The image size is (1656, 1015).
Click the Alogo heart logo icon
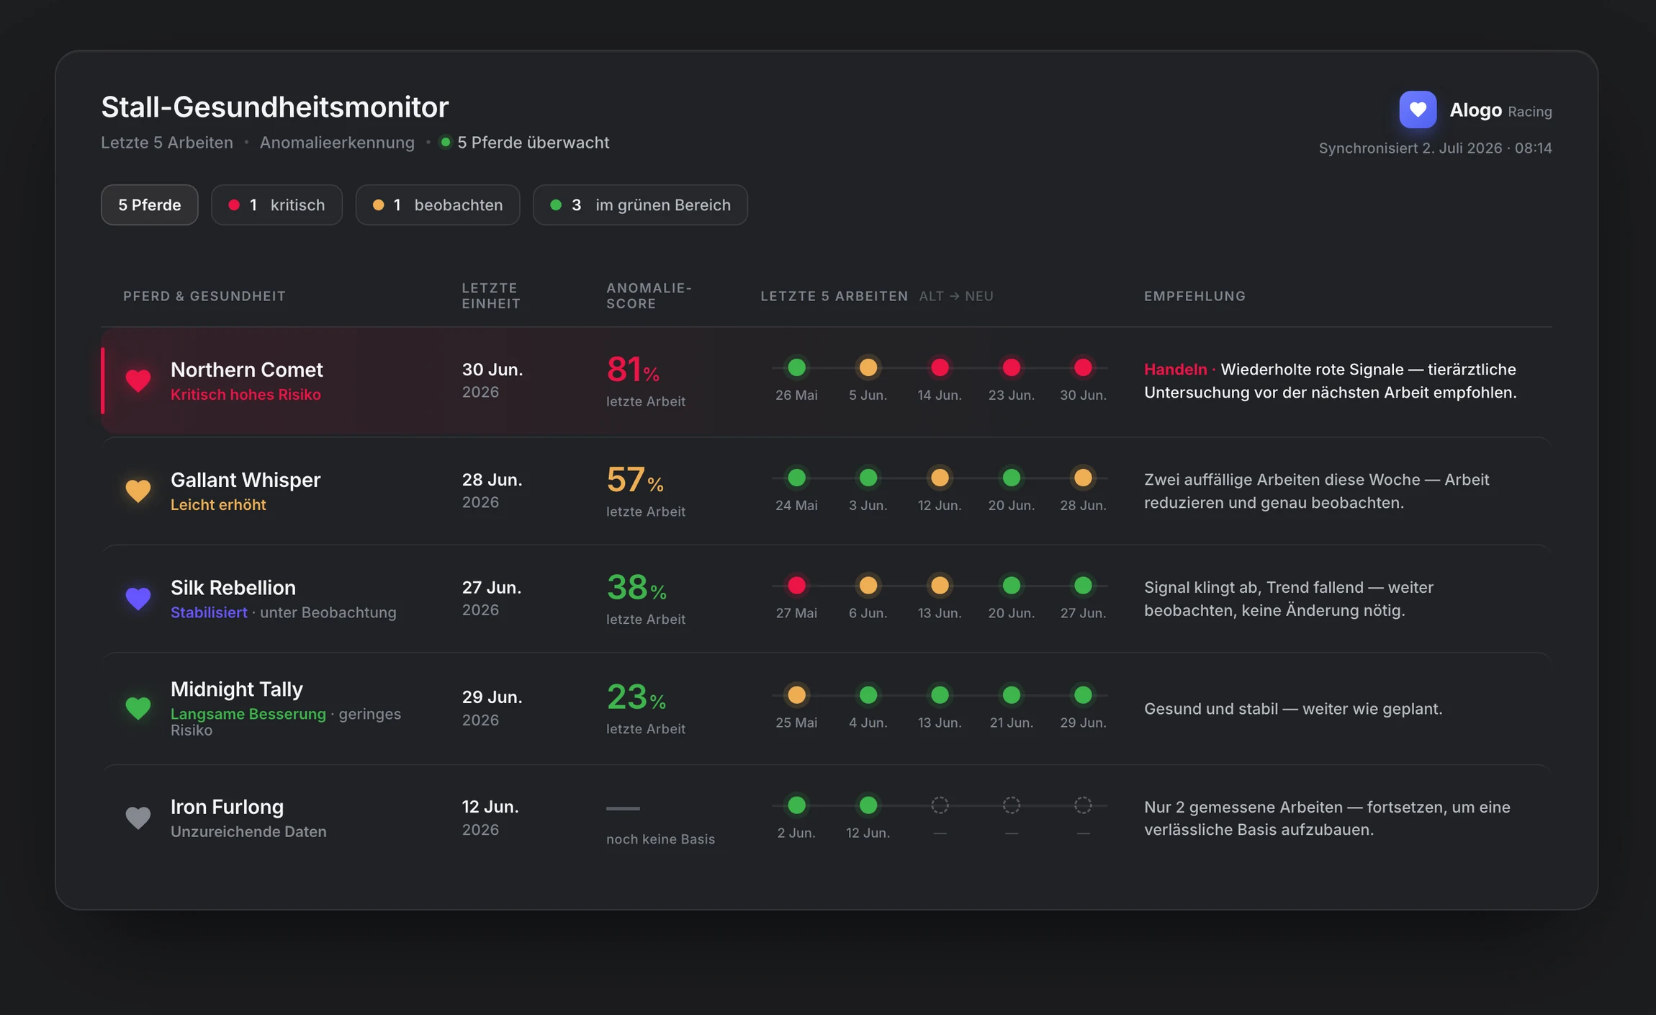point(1417,109)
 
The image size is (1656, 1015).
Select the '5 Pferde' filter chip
point(149,205)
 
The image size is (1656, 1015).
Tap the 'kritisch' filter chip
point(276,205)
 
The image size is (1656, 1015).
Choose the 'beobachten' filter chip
point(437,205)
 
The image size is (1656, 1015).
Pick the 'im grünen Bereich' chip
point(640,205)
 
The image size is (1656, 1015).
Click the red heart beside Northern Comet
point(138,380)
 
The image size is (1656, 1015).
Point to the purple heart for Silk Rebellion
point(138,599)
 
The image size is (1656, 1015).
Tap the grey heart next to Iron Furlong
point(138,818)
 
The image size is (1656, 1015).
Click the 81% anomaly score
point(633,370)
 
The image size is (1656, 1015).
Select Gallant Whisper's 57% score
point(635,480)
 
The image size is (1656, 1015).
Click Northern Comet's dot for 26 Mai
point(796,367)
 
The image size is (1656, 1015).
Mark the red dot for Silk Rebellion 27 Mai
point(796,586)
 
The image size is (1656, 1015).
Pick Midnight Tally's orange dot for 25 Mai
point(796,695)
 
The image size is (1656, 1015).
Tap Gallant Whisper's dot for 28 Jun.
point(1083,478)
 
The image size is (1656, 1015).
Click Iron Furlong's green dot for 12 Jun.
point(868,805)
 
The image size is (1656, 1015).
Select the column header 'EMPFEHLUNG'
point(1194,296)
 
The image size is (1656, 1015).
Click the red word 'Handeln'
point(1175,370)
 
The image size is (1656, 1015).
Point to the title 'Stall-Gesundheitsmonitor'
point(275,107)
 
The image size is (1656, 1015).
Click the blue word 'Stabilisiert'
point(209,612)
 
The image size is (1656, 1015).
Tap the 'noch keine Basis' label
point(660,839)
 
